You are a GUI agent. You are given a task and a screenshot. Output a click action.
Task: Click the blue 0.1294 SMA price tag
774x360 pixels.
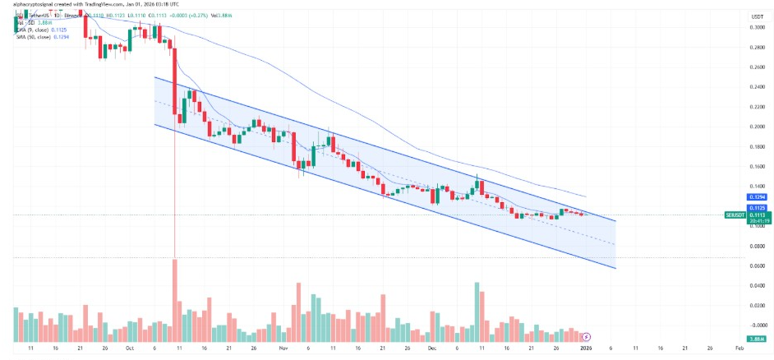click(x=757, y=198)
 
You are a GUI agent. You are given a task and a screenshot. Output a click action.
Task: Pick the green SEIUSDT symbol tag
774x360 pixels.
click(x=735, y=215)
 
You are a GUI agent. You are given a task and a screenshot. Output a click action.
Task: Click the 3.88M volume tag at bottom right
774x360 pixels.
click(x=757, y=339)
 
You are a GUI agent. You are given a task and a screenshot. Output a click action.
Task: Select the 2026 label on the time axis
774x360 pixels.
click(x=586, y=349)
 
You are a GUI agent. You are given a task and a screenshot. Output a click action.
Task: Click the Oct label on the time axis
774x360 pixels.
click(x=129, y=349)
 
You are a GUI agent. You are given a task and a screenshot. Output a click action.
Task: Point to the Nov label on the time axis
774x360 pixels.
click(x=283, y=349)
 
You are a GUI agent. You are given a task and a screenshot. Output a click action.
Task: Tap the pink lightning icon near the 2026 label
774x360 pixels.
click(x=586, y=337)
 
